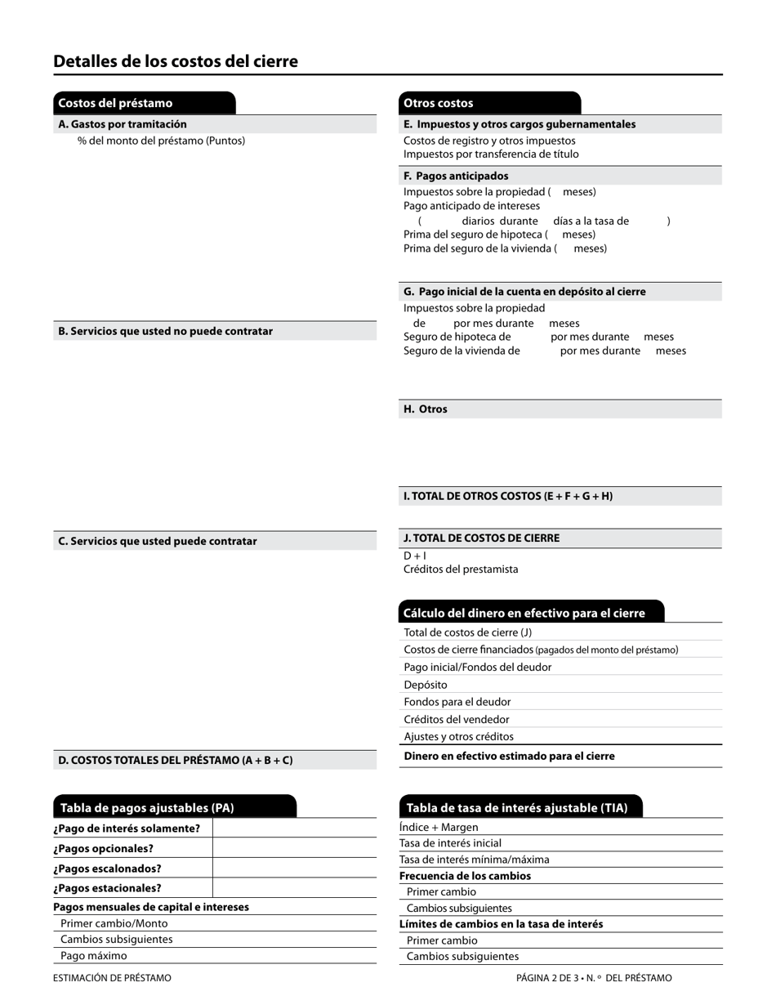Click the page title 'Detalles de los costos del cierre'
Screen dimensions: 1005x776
176,61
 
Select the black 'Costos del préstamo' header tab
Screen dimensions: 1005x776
144,103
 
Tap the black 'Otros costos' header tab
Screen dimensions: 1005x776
489,103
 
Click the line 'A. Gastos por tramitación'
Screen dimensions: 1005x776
123,124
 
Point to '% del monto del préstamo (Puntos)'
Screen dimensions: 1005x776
162,141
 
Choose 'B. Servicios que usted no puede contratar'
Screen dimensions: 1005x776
166,331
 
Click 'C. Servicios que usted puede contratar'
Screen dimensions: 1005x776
158,541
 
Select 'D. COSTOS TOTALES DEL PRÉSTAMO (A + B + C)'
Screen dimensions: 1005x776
176,760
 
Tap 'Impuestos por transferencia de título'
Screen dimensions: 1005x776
491,154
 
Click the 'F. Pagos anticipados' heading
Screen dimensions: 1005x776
456,176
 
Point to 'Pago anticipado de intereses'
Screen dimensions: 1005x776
471,206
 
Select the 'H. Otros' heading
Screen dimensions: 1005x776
426,409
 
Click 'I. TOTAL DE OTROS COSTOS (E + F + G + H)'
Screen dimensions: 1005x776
508,496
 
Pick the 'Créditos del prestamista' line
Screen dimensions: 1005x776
461,569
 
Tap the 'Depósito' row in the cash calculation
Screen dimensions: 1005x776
426,685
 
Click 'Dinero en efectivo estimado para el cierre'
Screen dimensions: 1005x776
509,756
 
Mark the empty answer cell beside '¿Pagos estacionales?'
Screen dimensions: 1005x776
294,888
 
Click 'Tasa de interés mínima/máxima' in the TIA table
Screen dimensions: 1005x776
475,860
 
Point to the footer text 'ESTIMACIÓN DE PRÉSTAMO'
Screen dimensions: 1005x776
113,978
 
